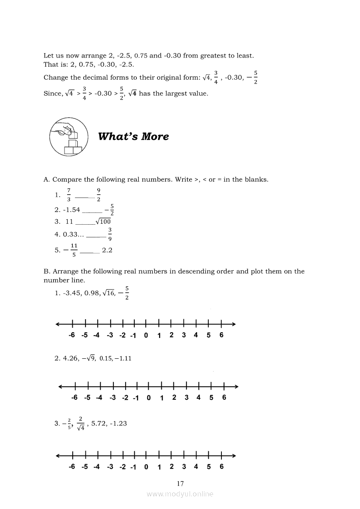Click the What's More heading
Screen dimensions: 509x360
click(x=133, y=136)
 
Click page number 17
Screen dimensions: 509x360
click(x=180, y=483)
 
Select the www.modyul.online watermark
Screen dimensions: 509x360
click(x=180, y=494)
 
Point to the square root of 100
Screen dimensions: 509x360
click(x=103, y=221)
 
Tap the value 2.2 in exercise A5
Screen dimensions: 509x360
click(x=107, y=250)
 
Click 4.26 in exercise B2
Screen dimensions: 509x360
click(x=71, y=358)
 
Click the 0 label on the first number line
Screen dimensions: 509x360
click(x=146, y=335)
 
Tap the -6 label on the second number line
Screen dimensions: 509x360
click(x=75, y=398)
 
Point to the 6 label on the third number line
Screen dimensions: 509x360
click(x=221, y=467)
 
